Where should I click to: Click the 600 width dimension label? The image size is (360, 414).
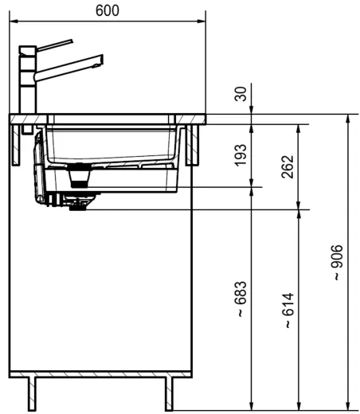[108, 10]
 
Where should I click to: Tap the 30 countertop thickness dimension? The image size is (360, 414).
[241, 94]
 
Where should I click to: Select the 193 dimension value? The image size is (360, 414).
[241, 155]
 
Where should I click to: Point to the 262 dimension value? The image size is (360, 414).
[288, 166]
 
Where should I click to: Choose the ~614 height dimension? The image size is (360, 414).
[288, 310]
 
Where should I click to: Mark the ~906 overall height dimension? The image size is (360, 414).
[337, 263]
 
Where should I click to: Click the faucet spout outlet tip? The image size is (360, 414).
[98, 65]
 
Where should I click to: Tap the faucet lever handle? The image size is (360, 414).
[55, 45]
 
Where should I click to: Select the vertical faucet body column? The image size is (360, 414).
[27, 80]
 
